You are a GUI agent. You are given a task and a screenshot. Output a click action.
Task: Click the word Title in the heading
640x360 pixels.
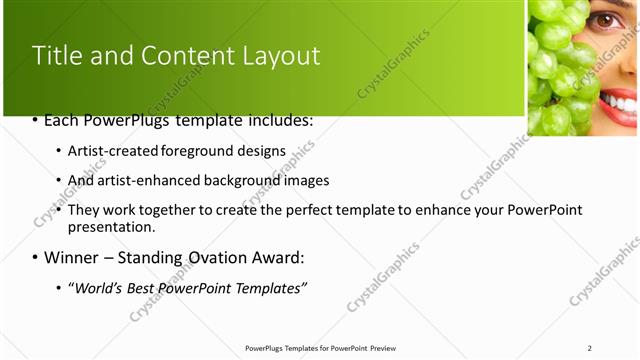click(57, 56)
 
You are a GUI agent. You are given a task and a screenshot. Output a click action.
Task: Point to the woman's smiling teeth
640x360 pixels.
click(619, 103)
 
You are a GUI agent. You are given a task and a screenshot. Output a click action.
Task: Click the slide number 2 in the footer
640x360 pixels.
click(589, 348)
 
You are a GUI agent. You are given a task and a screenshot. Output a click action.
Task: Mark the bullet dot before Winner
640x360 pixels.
click(35, 257)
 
